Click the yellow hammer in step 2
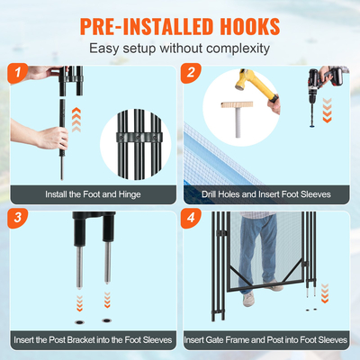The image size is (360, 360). point(253,84)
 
